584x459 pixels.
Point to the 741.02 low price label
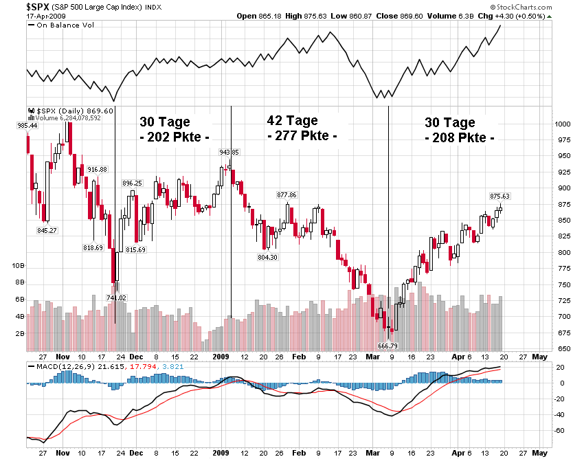(116, 298)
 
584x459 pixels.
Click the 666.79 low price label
(388, 346)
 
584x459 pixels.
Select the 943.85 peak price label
(229, 153)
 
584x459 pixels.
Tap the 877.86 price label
(287, 195)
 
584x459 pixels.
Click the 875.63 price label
(500, 197)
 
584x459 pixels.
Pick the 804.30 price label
(267, 258)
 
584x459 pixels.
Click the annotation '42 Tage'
(291, 121)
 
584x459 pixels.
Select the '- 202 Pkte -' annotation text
(175, 137)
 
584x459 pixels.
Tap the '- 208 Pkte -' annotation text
(460, 137)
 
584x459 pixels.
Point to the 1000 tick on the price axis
(563, 124)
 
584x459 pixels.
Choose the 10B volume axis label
(19, 265)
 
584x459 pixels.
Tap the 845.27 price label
(47, 230)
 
